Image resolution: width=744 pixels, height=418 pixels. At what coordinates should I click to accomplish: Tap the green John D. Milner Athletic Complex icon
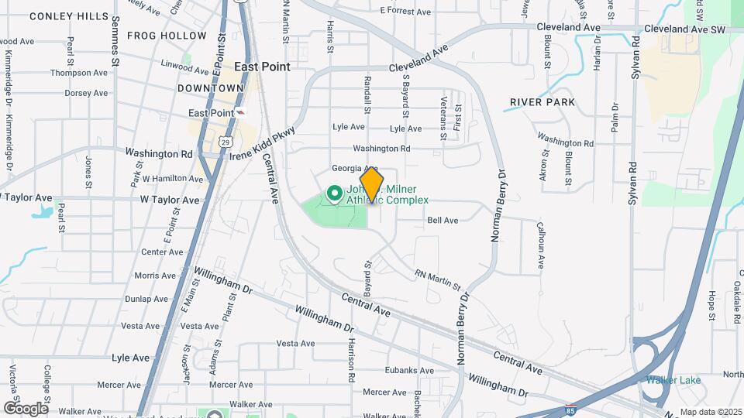click(335, 193)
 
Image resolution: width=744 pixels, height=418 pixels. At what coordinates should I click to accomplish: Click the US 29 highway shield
click(224, 142)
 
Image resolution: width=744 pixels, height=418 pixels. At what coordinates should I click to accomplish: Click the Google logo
click(26, 408)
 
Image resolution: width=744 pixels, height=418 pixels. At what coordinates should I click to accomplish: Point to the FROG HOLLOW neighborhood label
click(167, 36)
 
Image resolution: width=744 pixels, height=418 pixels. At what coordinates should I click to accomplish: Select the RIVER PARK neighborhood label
click(542, 102)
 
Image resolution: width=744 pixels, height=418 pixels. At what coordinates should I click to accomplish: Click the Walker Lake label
click(674, 380)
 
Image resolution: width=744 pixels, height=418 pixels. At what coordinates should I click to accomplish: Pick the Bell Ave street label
click(443, 221)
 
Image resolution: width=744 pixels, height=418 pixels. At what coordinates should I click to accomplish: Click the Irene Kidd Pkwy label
click(263, 142)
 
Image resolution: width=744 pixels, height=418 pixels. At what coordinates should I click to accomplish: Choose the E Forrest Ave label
click(405, 12)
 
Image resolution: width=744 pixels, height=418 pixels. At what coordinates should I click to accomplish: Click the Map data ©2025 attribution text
click(708, 412)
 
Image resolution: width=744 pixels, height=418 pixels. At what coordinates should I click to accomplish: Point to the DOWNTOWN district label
click(211, 88)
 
